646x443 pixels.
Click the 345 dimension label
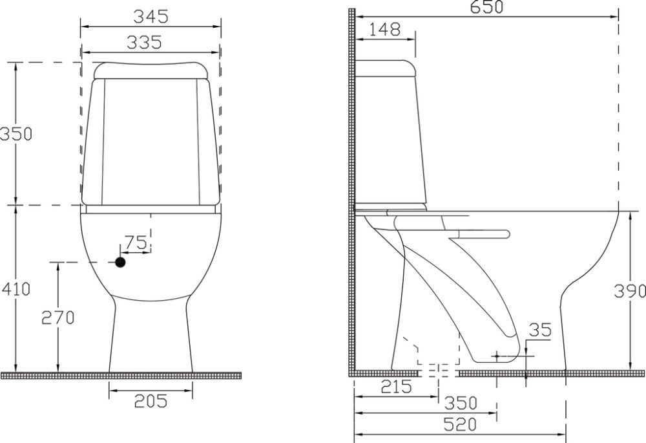point(151,17)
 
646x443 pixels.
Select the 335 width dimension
point(144,43)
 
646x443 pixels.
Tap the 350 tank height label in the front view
point(16,134)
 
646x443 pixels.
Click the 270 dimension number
point(58,317)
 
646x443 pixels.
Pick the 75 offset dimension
point(136,243)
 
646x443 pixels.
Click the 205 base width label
point(151,401)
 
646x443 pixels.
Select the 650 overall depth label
point(487,6)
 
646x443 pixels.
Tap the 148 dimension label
point(384,29)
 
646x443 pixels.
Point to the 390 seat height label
point(630,291)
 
